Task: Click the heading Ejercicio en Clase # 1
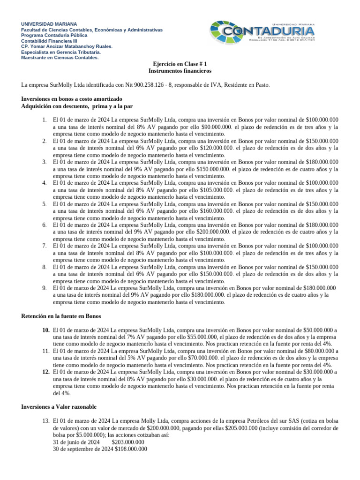point(180,64)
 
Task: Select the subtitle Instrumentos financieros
point(180,71)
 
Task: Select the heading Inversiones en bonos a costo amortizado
point(72,99)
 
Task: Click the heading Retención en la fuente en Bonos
point(61,316)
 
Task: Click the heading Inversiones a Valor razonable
point(59,407)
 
